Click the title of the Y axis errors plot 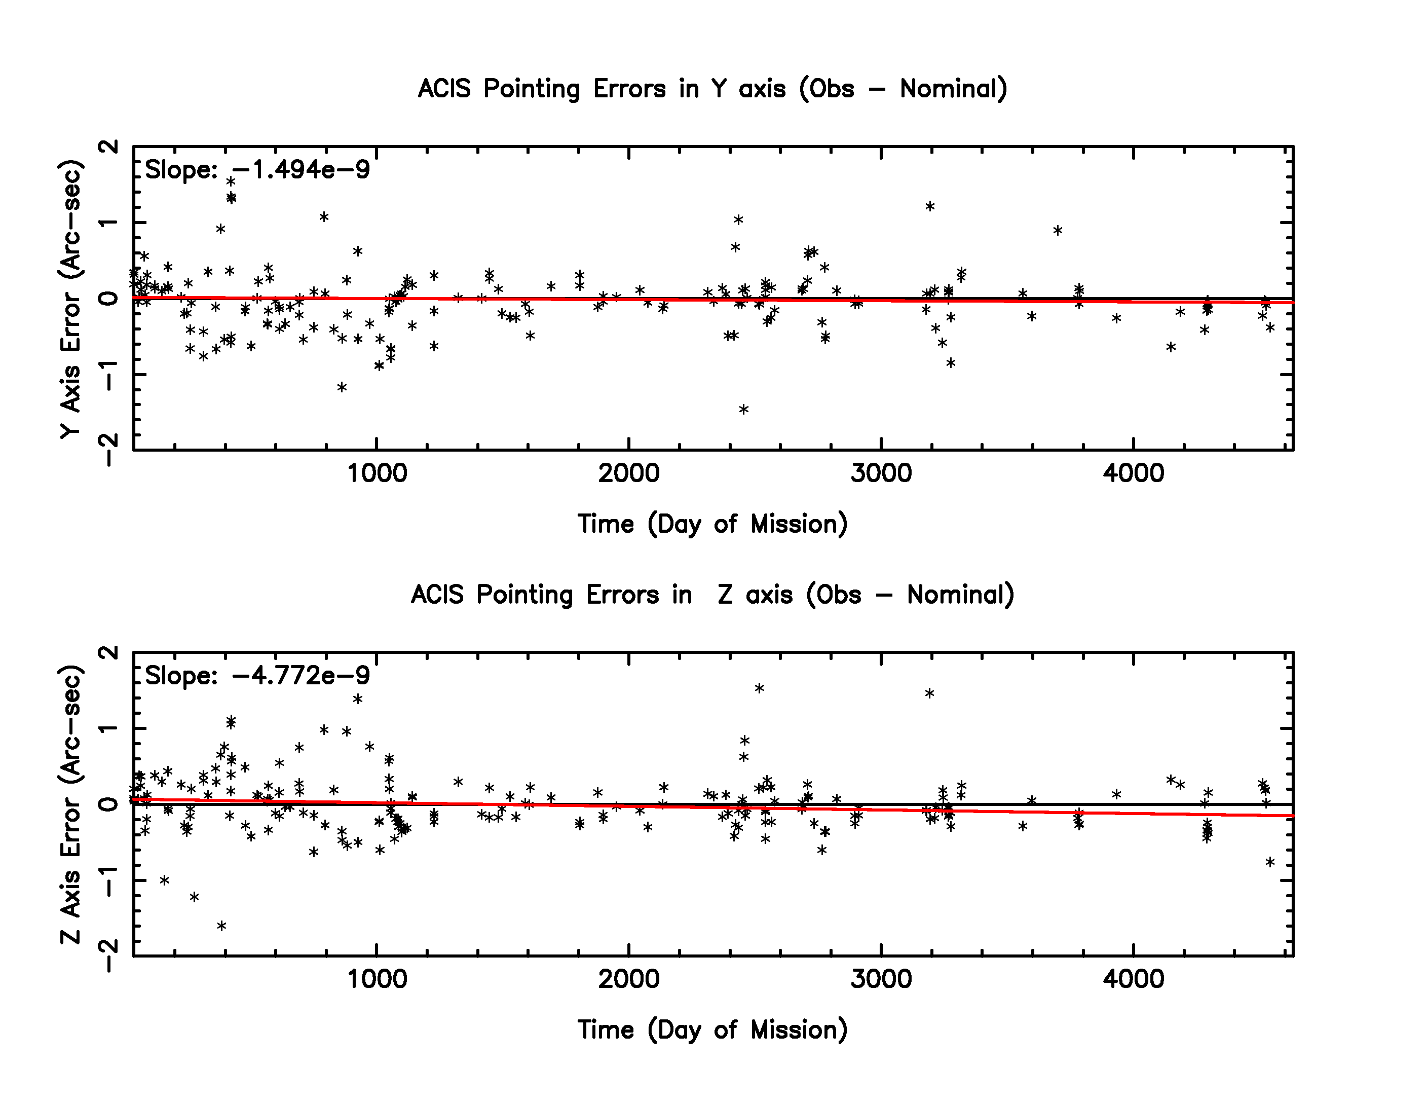(x=712, y=89)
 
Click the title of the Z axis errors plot (x=712, y=595)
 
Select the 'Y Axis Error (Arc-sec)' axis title (x=70, y=299)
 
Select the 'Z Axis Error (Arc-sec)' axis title (x=70, y=804)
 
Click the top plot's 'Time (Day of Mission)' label (x=712, y=524)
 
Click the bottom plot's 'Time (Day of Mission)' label (x=712, y=1030)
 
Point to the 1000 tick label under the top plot (x=377, y=473)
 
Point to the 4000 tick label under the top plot (x=1133, y=473)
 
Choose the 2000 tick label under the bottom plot (x=628, y=979)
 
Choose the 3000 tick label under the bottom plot (x=881, y=979)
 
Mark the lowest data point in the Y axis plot (x=743, y=410)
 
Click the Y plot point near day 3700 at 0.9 (x=1058, y=230)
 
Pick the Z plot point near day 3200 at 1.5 (x=930, y=693)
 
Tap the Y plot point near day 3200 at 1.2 (x=930, y=206)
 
